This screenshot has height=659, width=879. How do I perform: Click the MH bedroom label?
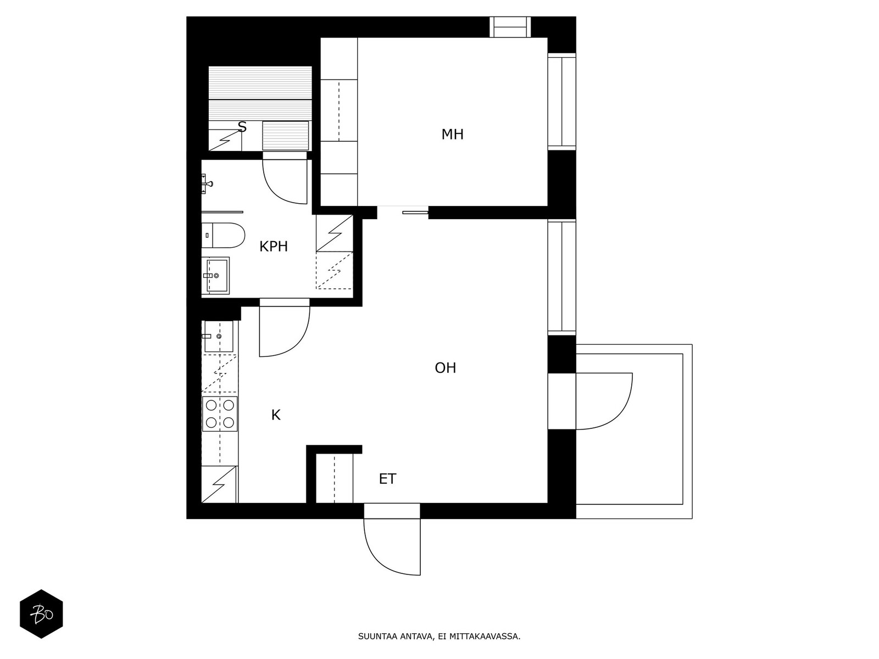tap(452, 135)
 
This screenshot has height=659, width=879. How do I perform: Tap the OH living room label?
tap(446, 368)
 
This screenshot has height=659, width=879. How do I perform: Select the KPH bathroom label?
tap(274, 247)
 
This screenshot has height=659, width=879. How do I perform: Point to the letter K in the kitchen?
tap(276, 415)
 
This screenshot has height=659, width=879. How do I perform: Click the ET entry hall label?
tap(388, 479)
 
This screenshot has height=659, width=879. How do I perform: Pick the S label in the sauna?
tap(242, 127)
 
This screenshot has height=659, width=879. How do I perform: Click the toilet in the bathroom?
tap(223, 235)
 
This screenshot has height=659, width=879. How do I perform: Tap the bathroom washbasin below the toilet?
tap(215, 275)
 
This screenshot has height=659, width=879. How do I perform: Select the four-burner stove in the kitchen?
tap(220, 414)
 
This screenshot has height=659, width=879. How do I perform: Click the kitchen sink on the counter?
tap(219, 336)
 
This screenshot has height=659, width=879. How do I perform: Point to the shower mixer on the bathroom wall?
tap(207, 184)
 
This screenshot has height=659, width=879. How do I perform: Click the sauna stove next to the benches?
tap(286, 136)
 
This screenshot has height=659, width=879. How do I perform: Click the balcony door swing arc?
tap(616, 413)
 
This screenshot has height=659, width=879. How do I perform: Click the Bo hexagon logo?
tap(41, 614)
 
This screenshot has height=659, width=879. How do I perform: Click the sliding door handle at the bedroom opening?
tap(415, 213)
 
